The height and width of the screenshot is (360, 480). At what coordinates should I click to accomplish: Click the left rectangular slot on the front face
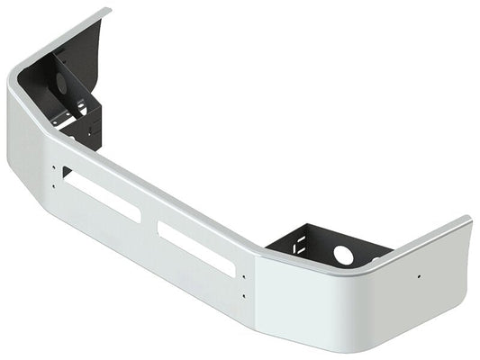(100, 196)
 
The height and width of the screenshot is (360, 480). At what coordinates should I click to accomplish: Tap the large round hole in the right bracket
(343, 255)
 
